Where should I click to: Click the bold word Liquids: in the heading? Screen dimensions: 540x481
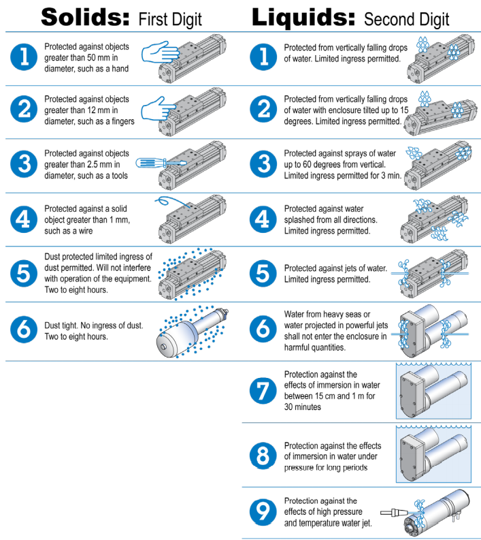coord(303,16)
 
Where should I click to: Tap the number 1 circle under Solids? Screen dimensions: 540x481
coord(24,58)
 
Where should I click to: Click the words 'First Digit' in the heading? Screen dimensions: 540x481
coord(170,18)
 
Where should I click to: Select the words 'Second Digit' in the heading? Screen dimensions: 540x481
coord(407,18)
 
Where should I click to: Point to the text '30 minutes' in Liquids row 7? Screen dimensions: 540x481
coord(303,407)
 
